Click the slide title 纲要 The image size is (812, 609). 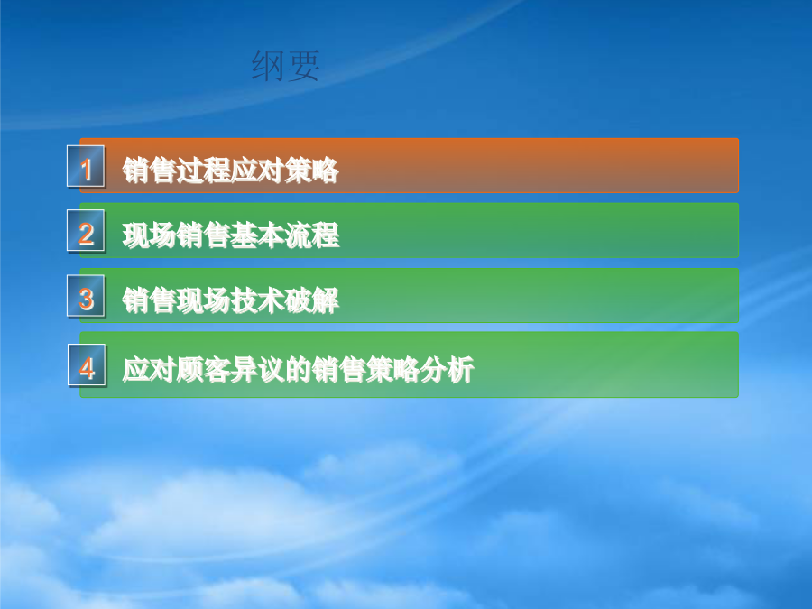286,66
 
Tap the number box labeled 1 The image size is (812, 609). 86,167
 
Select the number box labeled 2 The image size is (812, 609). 86,232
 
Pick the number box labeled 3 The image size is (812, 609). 86,296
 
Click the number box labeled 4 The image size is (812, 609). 87,365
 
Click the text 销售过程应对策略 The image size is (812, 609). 230,171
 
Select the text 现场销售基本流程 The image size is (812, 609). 231,235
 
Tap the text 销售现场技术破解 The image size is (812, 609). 231,300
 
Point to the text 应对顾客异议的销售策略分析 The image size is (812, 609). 299,370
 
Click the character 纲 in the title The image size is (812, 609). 268,66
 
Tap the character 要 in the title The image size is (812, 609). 303,66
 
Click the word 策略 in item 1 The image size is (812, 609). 312,171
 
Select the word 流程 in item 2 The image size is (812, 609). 312,235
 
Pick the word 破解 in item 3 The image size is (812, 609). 312,300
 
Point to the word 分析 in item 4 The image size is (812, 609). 448,370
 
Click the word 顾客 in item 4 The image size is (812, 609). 204,370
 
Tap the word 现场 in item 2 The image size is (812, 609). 149,235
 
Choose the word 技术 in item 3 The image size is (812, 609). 258,300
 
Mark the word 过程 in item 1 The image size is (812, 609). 204,171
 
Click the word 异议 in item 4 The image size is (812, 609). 258,370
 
